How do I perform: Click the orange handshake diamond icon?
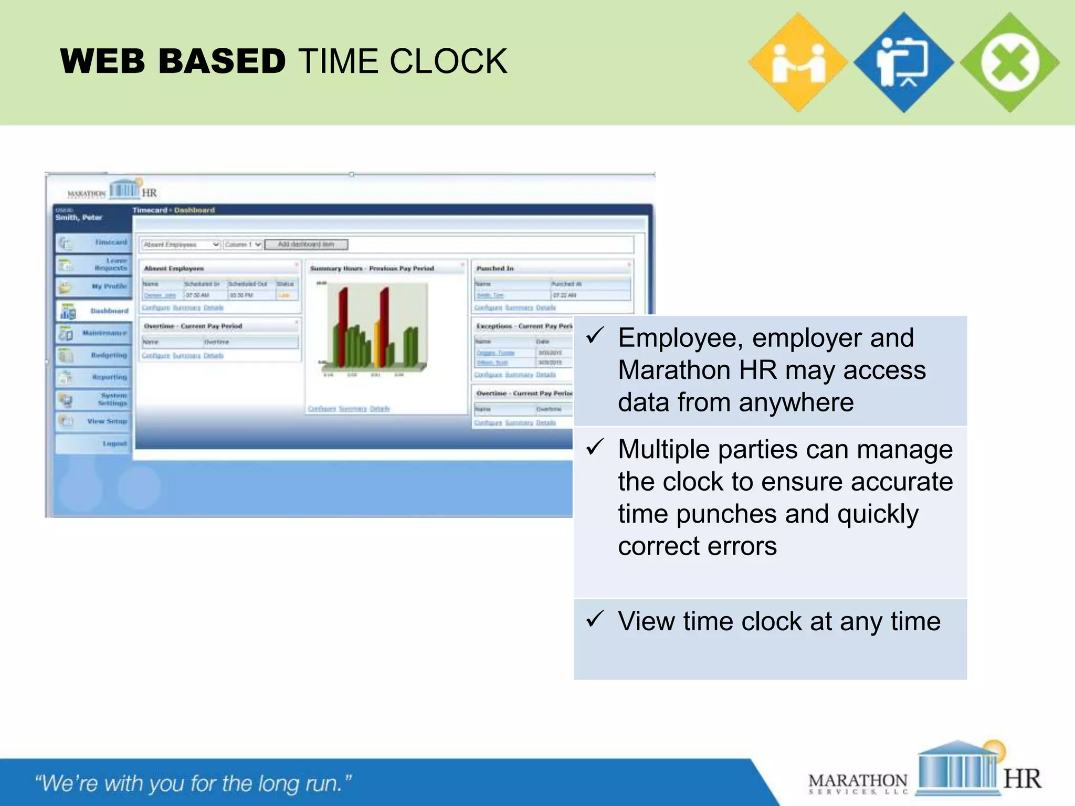798,62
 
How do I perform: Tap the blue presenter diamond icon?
903,62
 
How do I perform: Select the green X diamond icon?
1009,62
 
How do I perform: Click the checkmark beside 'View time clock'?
596,619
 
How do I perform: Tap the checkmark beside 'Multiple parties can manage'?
596,447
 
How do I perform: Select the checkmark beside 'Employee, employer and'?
596,336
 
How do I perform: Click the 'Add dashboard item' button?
306,245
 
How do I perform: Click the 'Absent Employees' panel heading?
174,269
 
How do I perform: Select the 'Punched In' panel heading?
495,269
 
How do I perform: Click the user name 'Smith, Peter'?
79,218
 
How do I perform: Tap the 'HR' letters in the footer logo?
1021,779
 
